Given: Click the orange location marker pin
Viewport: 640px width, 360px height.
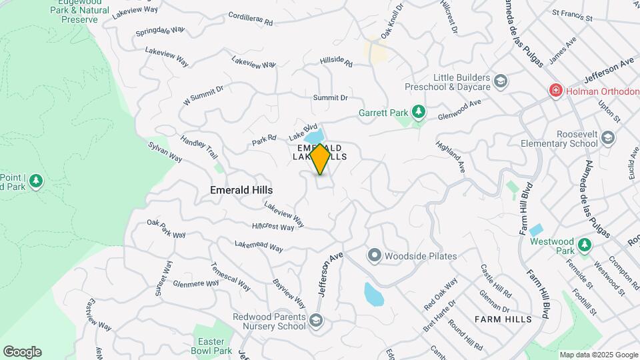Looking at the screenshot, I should [320, 159].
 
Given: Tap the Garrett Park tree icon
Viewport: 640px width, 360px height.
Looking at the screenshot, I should [418, 111].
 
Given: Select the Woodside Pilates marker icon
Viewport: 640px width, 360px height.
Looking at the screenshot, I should [374, 255].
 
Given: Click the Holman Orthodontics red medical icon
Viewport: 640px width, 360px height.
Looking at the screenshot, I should [554, 90].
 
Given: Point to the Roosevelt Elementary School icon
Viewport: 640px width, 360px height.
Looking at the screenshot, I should [607, 137].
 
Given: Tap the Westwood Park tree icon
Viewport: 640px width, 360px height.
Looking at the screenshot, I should [585, 245].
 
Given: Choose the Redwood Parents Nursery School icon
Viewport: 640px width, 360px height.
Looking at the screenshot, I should [315, 321].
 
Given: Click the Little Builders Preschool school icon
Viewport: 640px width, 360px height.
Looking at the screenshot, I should [501, 82].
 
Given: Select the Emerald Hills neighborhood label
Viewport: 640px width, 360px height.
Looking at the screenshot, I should [241, 190].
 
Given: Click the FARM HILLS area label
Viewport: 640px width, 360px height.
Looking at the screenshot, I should [503, 319].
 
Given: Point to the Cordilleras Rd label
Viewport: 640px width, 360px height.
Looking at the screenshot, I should [251, 19].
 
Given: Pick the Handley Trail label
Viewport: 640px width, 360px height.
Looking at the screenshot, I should [199, 147].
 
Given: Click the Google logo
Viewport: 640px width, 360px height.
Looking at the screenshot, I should [22, 352].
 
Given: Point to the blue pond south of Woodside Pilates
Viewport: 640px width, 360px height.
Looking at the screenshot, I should [373, 293].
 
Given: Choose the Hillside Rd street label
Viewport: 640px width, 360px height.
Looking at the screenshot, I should [336, 61].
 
